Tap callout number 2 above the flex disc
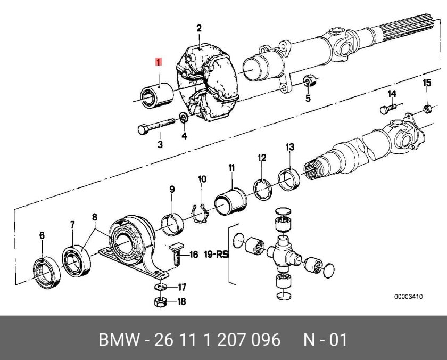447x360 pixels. [199, 29]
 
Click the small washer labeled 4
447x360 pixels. [183, 118]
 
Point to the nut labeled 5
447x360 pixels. [309, 81]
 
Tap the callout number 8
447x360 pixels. [94, 217]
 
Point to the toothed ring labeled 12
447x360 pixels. [261, 190]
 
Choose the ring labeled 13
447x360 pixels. [289, 178]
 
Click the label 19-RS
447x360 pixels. [218, 255]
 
